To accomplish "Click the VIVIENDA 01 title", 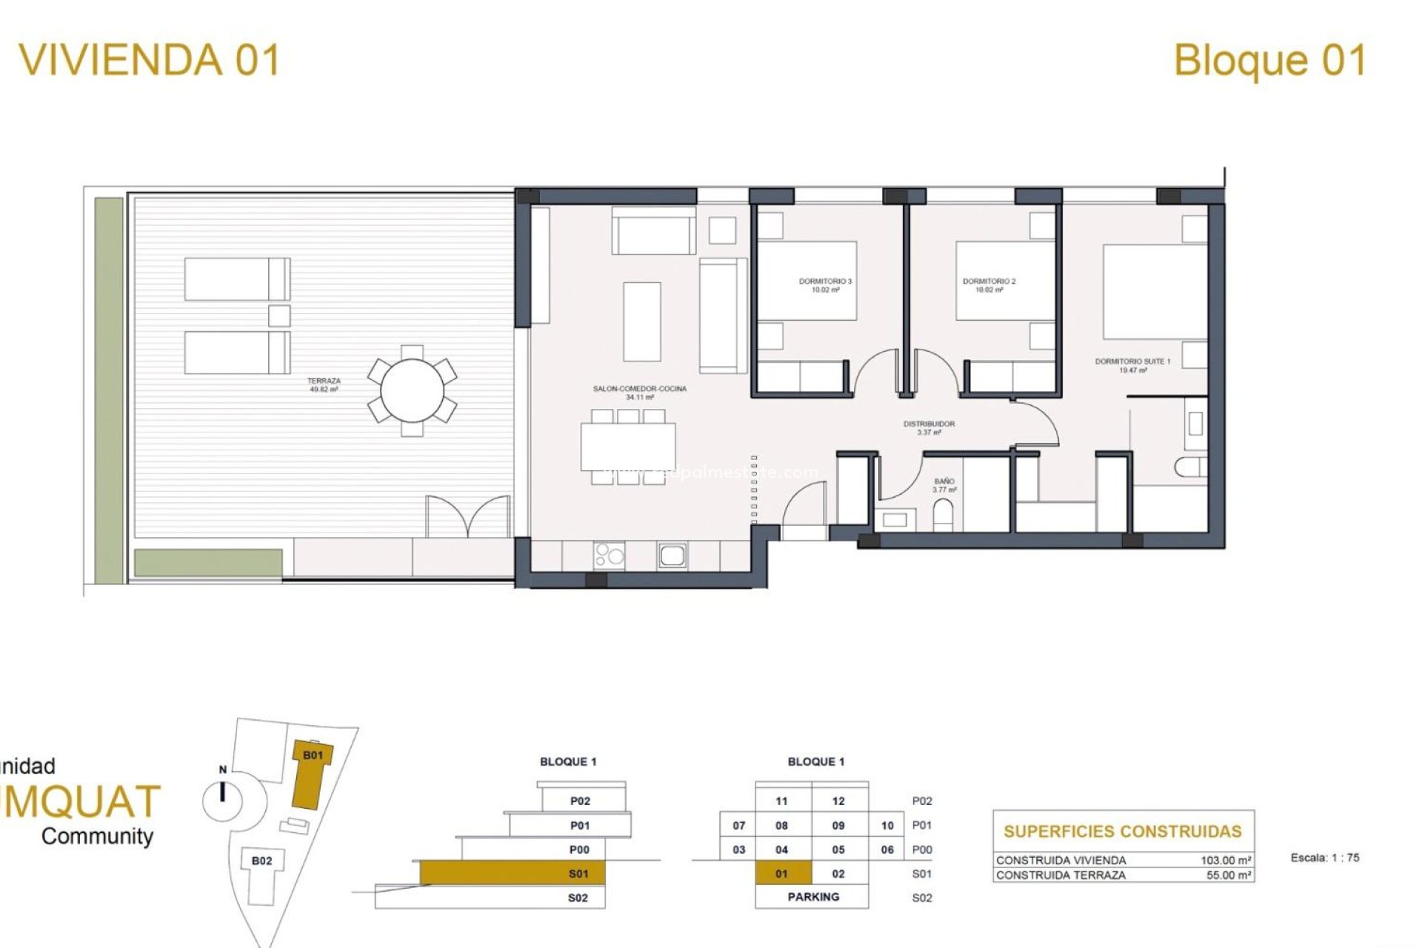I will click(x=150, y=59).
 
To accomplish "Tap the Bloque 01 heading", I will click(x=1269, y=60).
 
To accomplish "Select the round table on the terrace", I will click(x=413, y=390).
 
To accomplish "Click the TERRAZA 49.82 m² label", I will click(x=324, y=385).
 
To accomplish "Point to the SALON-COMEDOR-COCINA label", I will click(x=639, y=393).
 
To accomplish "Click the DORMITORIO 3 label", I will click(x=825, y=285).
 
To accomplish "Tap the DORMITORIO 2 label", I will click(x=989, y=285).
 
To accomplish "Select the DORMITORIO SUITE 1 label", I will click(x=1132, y=365).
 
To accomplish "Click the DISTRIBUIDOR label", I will click(x=929, y=427).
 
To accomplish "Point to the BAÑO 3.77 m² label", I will click(x=944, y=485).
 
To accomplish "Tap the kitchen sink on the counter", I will click(x=672, y=555).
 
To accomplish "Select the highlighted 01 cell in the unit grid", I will click(x=782, y=873).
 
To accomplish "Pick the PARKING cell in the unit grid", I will click(x=812, y=896).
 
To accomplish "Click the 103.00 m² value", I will click(x=1226, y=861).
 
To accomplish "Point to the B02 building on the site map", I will click(x=261, y=861).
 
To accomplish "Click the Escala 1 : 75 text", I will click(x=1324, y=858).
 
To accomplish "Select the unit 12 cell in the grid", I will click(x=838, y=801).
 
